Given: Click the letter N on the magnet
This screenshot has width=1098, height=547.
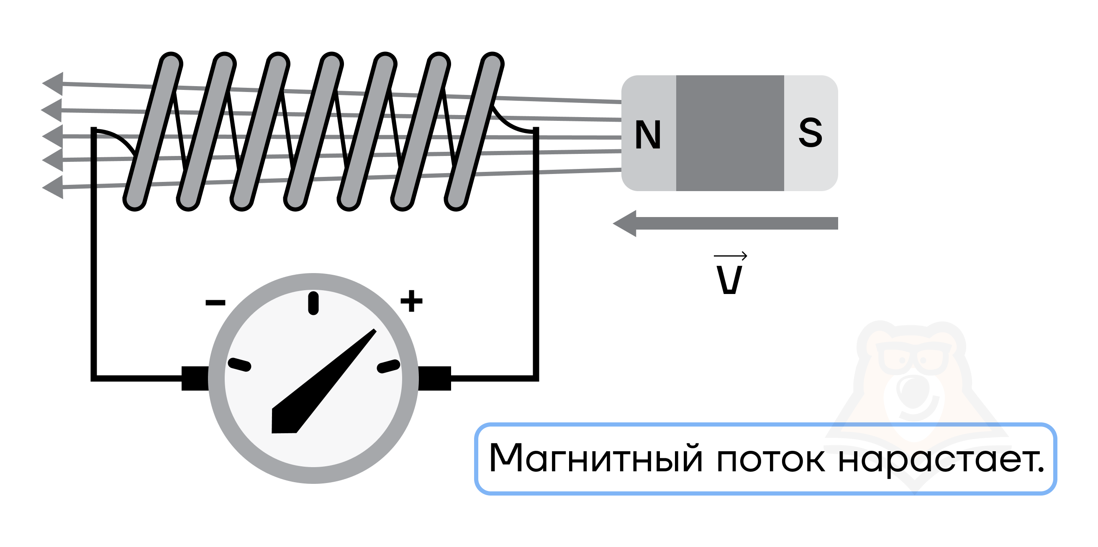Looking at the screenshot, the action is (x=648, y=135).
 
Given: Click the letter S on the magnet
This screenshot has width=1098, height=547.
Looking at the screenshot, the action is (x=810, y=133).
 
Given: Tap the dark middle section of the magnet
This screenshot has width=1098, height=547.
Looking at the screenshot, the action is (x=730, y=133).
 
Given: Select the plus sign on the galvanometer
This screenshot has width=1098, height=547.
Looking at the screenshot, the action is (x=411, y=301).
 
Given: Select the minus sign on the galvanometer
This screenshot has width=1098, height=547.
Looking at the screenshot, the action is (x=215, y=302).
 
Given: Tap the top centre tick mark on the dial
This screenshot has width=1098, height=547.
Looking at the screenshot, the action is (x=313, y=303).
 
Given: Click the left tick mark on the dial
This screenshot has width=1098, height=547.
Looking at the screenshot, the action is (x=239, y=365).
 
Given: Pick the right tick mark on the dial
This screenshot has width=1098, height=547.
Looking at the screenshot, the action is (x=388, y=366).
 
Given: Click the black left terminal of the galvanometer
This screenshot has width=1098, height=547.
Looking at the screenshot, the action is (x=195, y=378).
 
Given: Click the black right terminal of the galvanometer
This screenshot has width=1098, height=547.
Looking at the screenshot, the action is (x=434, y=378).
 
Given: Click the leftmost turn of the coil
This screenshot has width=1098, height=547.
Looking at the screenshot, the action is (x=153, y=131).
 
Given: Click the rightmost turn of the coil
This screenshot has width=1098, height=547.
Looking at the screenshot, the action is (x=474, y=131).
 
